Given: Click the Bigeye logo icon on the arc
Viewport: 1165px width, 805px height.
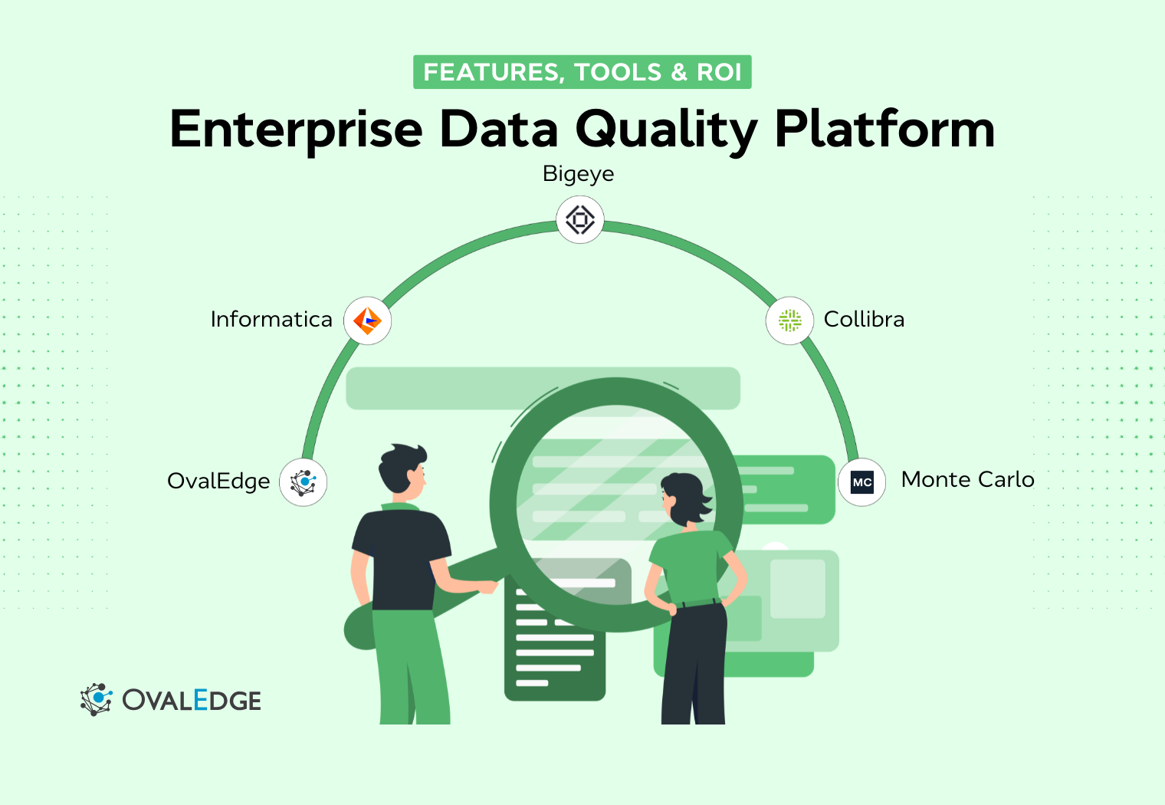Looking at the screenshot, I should [x=580, y=220].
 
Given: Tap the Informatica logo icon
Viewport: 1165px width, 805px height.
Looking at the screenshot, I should [x=368, y=320].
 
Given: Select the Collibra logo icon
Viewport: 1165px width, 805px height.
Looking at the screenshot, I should [x=789, y=320].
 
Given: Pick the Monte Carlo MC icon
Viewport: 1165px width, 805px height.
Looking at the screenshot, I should [x=862, y=482].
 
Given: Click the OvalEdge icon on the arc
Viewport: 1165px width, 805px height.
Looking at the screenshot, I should [x=304, y=482].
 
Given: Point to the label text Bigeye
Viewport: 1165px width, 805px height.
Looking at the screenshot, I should [x=578, y=174].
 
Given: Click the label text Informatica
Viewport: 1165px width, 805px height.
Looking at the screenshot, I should [x=271, y=319].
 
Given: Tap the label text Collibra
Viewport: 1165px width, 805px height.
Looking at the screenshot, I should [x=864, y=319].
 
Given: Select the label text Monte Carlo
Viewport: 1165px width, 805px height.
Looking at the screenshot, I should [x=967, y=479].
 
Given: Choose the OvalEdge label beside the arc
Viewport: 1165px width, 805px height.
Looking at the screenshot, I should [x=218, y=481].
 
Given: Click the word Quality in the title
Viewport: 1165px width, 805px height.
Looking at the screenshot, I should [x=666, y=130].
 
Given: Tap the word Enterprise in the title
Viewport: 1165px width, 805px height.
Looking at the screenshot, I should [x=296, y=130].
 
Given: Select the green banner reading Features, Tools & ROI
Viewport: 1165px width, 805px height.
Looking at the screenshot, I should [x=582, y=72].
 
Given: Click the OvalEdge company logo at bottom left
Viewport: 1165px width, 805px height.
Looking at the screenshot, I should [x=171, y=699].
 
